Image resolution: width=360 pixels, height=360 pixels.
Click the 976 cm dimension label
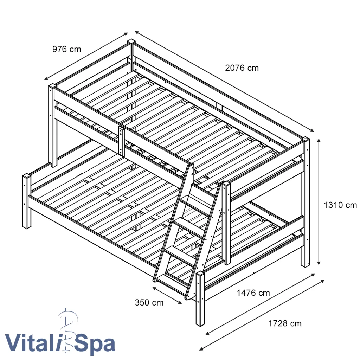(67, 49)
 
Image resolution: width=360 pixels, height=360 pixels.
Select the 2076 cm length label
(242, 68)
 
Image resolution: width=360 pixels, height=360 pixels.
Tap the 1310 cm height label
(340, 205)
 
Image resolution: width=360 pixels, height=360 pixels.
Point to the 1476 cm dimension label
(253, 293)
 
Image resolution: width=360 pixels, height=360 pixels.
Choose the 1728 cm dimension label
(285, 323)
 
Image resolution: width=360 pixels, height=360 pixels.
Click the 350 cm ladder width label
(149, 302)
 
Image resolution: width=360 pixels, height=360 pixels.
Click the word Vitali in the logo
(33, 343)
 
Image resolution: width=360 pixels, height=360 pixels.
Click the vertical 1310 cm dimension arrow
(319, 201)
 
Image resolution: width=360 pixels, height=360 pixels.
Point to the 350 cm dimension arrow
(167, 295)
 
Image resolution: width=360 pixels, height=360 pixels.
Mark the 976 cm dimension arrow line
(86, 56)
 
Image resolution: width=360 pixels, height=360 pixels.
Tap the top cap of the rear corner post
(131, 41)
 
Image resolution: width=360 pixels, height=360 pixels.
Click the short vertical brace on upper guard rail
(122, 141)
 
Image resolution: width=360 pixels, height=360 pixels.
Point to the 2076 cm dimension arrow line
(223, 81)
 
